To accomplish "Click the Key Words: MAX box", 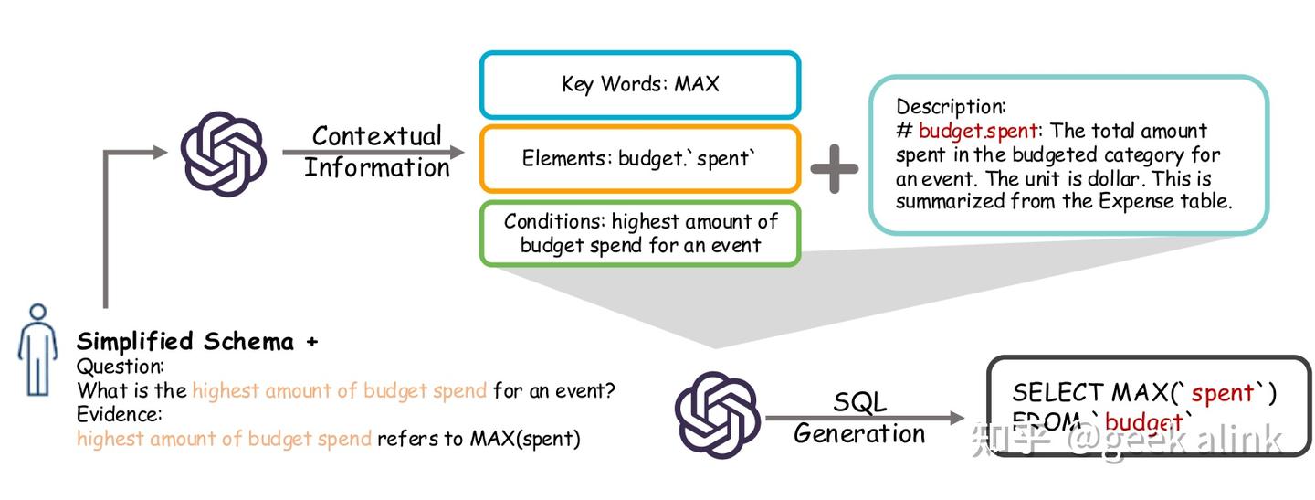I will tap(640, 85).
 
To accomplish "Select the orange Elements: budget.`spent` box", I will tap(640, 158).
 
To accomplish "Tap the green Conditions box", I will tap(640, 233).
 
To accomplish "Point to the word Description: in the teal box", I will tap(950, 106).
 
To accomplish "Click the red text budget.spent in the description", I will tap(978, 131).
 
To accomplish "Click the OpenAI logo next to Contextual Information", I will tap(223, 154).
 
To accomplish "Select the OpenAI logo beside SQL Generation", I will tap(717, 412).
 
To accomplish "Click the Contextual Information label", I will tap(377, 152).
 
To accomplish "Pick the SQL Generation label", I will tap(859, 418).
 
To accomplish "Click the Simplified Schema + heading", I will tap(197, 342).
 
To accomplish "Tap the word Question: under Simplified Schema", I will tap(121, 367).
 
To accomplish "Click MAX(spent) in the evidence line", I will tap(525, 439).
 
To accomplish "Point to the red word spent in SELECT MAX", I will tap(1222, 393).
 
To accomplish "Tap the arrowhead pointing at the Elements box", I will tap(456, 152).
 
